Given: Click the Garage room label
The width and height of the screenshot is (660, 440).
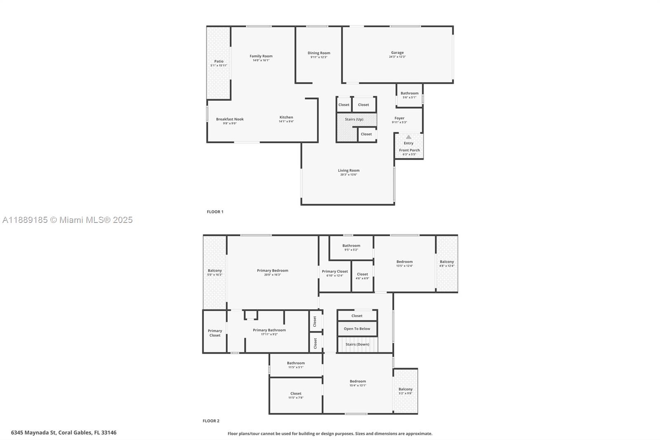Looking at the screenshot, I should [x=397, y=52].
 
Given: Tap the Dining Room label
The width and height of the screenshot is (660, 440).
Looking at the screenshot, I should [x=319, y=53].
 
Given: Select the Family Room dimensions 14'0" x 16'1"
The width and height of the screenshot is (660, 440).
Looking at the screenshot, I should [x=261, y=60].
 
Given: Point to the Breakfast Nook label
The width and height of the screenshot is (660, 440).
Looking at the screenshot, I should [x=230, y=119].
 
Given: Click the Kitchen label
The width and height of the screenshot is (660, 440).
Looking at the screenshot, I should [x=286, y=117].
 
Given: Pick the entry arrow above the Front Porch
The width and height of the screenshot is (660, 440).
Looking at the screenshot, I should [x=408, y=137].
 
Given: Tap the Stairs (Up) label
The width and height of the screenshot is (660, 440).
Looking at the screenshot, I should [x=354, y=119].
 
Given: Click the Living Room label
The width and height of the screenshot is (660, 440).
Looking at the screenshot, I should [x=349, y=170].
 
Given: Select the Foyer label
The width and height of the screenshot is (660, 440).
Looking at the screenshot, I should [x=399, y=118].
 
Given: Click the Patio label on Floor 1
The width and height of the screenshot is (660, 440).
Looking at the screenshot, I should [x=219, y=61].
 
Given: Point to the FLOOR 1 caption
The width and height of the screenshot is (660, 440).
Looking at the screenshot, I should [x=215, y=212].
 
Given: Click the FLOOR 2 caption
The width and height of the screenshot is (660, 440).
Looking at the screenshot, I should [x=211, y=421].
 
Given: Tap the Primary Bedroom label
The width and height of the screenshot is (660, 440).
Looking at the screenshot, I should [x=272, y=270].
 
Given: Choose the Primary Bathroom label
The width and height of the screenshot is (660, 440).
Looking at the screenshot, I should [x=269, y=330].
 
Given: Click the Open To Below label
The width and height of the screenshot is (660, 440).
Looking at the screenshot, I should [x=357, y=329].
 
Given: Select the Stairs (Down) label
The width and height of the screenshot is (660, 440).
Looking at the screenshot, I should [x=357, y=344].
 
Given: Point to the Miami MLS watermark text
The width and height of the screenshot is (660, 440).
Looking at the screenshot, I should [x=67, y=220].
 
